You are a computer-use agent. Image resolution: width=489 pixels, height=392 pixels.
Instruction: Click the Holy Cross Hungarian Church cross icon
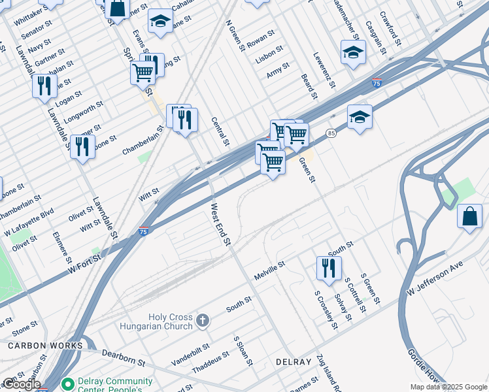203,320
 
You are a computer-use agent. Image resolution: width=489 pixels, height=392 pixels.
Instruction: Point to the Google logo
22,384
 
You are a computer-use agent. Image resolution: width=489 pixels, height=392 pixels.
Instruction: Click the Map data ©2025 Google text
449,387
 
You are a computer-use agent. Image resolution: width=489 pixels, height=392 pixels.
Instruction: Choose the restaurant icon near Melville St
328,267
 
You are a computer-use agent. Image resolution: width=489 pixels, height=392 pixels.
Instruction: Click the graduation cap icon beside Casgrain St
353,52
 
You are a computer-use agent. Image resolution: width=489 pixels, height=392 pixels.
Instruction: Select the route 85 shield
331,133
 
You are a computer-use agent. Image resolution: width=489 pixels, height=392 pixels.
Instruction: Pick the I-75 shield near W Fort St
143,231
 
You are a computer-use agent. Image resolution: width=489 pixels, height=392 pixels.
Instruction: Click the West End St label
220,224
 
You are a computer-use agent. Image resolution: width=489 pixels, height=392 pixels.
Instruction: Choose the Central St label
220,131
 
